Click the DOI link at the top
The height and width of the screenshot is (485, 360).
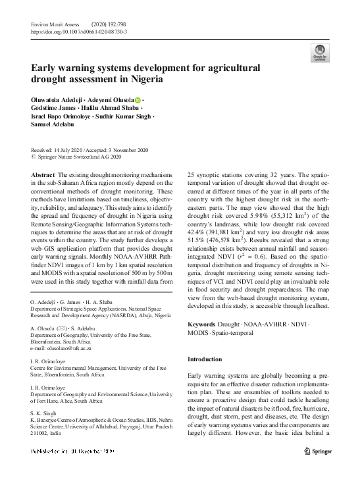pos(79,31)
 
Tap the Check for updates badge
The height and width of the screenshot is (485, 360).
pos(320,56)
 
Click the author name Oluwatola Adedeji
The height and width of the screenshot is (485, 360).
pos(58,100)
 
